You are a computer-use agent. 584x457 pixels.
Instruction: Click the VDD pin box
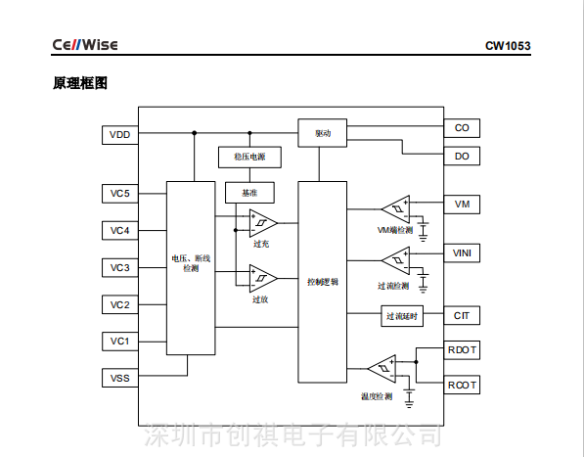point(119,134)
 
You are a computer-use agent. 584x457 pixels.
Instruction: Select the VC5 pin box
point(119,194)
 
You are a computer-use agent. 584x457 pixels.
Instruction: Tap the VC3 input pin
point(119,267)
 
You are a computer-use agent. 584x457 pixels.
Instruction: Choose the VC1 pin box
point(119,341)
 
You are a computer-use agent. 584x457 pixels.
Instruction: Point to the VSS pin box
point(119,377)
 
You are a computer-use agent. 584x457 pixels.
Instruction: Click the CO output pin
point(462,128)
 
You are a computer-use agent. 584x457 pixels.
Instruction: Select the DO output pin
point(462,156)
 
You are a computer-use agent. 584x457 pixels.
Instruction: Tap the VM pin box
point(462,205)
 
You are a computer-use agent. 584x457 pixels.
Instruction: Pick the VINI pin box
point(462,253)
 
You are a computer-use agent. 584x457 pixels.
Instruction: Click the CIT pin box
point(462,316)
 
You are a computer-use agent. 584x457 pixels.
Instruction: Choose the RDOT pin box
point(462,350)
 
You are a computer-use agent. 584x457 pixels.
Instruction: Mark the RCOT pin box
point(462,385)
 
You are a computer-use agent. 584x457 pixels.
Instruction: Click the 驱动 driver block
point(323,132)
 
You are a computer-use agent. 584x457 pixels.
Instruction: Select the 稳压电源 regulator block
point(249,157)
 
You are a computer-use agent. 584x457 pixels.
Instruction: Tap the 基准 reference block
point(249,193)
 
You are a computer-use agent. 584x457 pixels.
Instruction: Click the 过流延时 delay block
point(402,316)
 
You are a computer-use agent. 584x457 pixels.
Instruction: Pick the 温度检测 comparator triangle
point(381,369)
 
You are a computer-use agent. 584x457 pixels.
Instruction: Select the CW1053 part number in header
point(507,46)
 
